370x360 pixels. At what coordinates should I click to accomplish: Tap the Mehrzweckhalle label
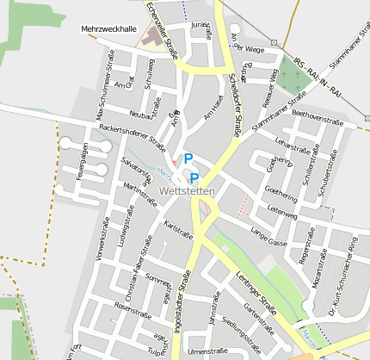point(108,28)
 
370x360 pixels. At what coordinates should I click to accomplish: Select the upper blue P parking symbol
point(188,158)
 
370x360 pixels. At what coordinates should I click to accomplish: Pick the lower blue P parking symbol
point(194,177)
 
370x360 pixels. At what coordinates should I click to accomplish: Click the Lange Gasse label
point(268,236)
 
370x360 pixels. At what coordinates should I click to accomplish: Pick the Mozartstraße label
point(318,270)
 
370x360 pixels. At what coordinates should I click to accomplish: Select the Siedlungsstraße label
point(241,334)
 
